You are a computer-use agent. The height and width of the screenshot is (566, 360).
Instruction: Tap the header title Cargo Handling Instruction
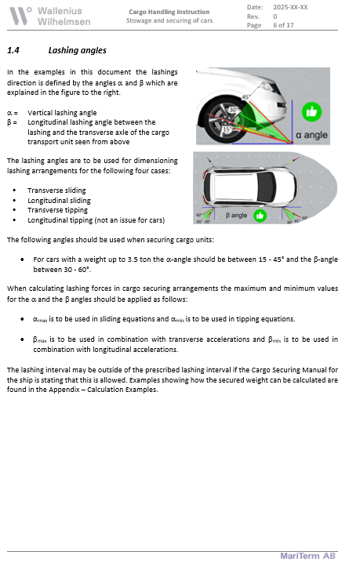169,12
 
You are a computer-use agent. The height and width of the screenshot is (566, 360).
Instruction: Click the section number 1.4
13,50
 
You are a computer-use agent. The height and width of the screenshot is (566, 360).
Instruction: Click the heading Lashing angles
77,50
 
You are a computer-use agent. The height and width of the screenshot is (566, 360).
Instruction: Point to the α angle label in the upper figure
311,136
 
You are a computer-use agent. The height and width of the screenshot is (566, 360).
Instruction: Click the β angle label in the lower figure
236,214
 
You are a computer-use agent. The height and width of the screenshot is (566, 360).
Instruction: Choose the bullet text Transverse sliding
56,190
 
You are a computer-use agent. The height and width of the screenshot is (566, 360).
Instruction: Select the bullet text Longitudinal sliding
59,200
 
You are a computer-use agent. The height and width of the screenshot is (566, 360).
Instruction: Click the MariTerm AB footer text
308,556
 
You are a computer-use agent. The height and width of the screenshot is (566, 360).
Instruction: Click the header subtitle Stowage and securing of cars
169,20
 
